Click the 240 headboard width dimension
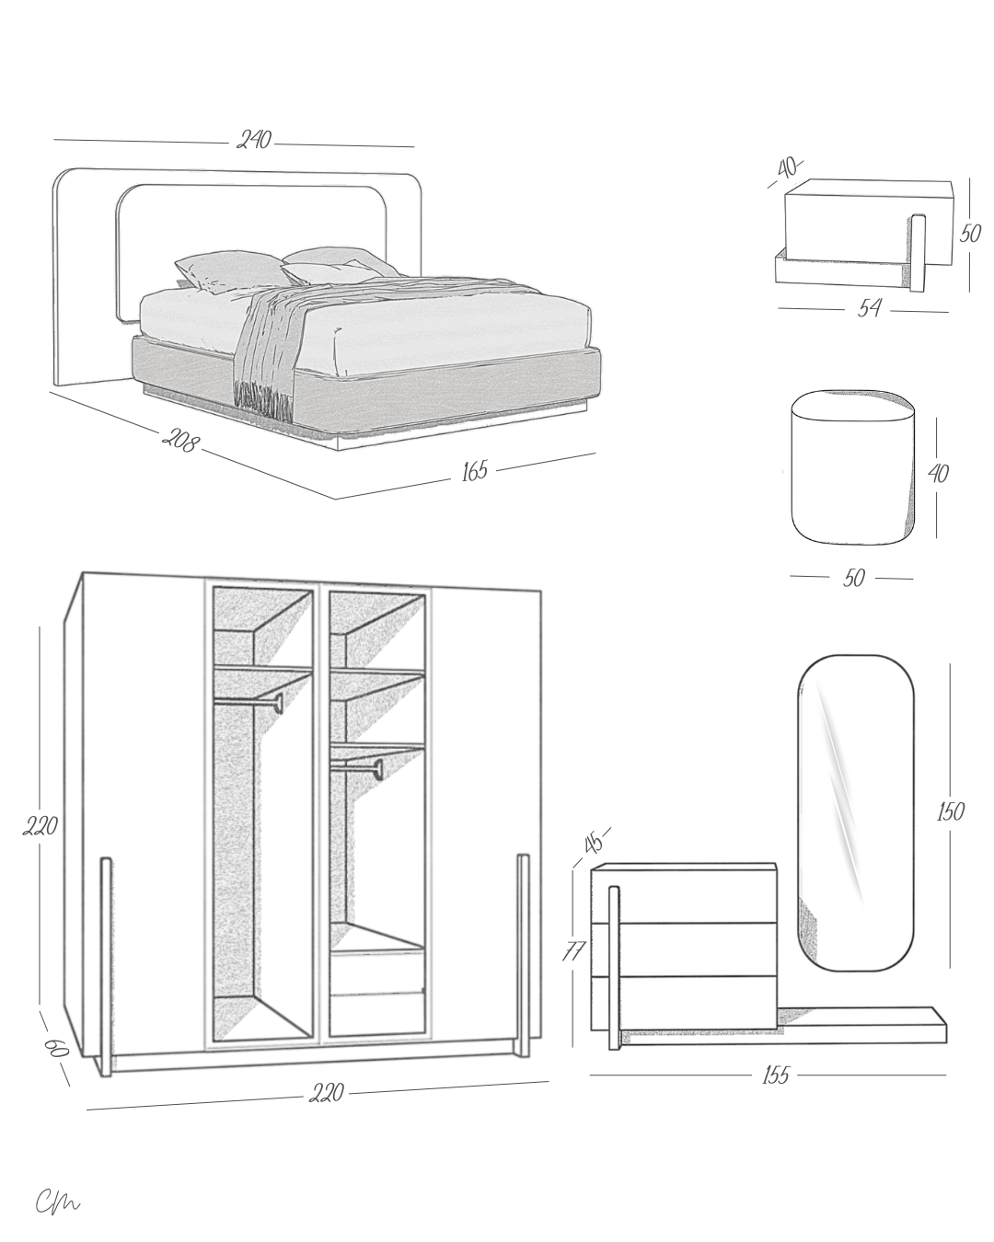tap(255, 141)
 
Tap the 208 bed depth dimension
tap(180, 441)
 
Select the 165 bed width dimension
tap(474, 472)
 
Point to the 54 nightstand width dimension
tap(869, 308)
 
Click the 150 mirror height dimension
tap(950, 811)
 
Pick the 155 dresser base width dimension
tap(776, 1075)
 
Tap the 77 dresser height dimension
tap(573, 950)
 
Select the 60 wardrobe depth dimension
tap(56, 1048)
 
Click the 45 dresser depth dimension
tap(594, 841)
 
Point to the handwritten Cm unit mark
tap(58, 1202)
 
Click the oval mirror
tap(856, 811)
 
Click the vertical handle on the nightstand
tap(918, 252)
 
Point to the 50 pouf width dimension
tap(853, 579)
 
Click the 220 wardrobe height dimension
tap(40, 826)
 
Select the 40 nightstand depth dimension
tap(786, 168)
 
